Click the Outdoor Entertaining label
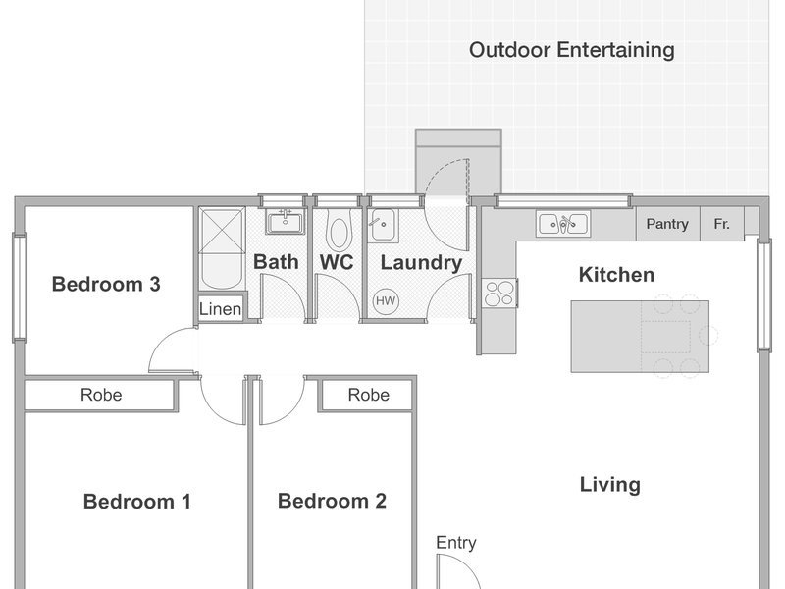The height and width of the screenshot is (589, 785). pyautogui.click(x=571, y=50)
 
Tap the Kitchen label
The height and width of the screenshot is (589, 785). pyautogui.click(x=616, y=275)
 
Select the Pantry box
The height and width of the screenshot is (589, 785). pyautogui.click(x=667, y=224)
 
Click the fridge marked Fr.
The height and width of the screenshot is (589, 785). pyautogui.click(x=721, y=224)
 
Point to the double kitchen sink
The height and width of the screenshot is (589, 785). pyautogui.click(x=563, y=224)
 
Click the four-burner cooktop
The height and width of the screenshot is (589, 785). pyautogui.click(x=499, y=293)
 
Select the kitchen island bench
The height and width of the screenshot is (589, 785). pyautogui.click(x=640, y=336)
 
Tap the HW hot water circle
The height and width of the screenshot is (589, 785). pyautogui.click(x=386, y=301)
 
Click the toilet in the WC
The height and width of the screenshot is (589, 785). pyautogui.click(x=339, y=230)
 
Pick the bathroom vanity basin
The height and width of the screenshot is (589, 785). pyautogui.click(x=285, y=221)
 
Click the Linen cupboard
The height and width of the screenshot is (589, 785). pyautogui.click(x=220, y=308)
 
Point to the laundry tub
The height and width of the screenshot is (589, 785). pyautogui.click(x=383, y=226)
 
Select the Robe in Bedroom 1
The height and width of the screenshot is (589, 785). pyautogui.click(x=101, y=395)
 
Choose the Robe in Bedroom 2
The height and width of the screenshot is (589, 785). pyautogui.click(x=369, y=395)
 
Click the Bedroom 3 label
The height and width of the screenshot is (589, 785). pyautogui.click(x=106, y=284)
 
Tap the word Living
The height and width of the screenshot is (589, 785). pyautogui.click(x=609, y=485)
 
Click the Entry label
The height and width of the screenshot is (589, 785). pyautogui.click(x=455, y=543)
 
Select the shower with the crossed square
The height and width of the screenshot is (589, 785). pyautogui.click(x=222, y=231)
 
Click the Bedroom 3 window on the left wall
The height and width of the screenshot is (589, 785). pyautogui.click(x=20, y=288)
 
